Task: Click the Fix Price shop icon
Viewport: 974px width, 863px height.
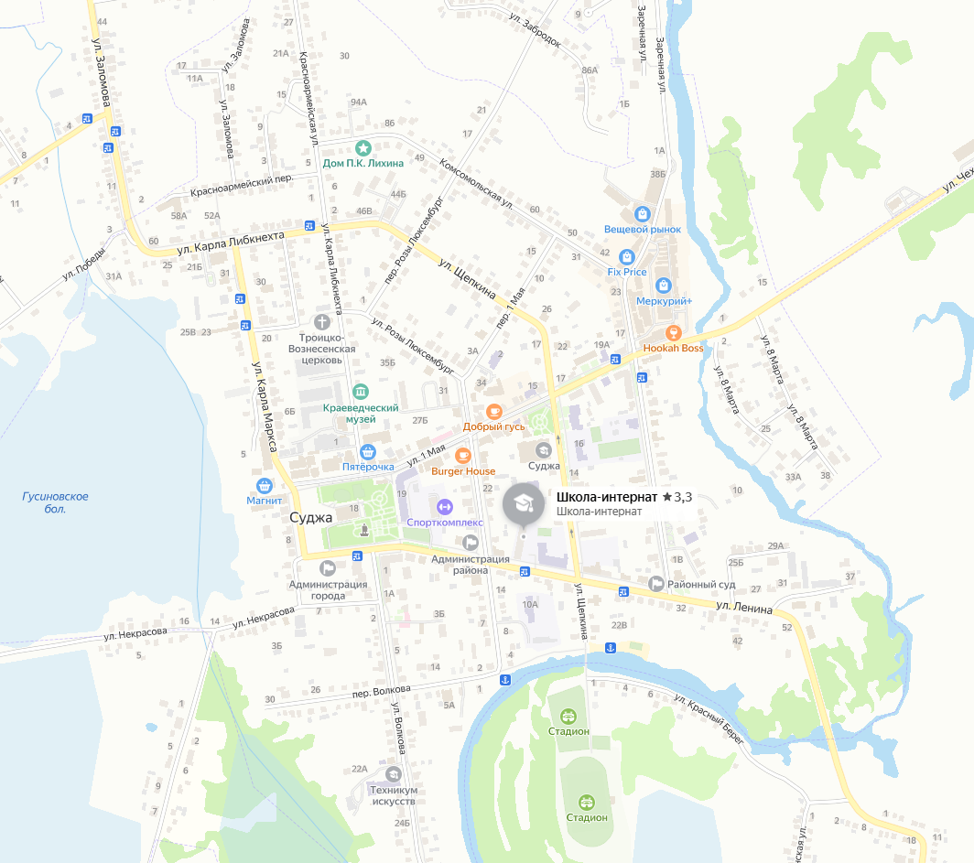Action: [626, 256]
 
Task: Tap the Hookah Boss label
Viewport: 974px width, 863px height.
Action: [673, 348]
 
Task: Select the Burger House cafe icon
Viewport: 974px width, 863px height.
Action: [463, 455]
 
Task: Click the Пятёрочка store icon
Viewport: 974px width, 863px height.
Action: [367, 451]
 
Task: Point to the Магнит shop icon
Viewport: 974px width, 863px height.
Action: [264, 485]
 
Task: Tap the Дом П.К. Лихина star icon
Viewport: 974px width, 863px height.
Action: [363, 147]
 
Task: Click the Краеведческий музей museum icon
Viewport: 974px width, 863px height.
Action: [361, 391]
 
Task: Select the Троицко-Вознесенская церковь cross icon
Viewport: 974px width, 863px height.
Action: [321, 321]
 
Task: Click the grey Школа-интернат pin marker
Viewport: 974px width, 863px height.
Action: [523, 504]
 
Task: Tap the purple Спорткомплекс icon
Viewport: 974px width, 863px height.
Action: [444, 506]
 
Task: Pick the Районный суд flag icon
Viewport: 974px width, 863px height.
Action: [655, 583]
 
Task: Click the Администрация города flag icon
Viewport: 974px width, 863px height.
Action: [327, 567]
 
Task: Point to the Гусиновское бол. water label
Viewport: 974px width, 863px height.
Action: [56, 502]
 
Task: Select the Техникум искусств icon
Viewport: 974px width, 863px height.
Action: [394, 773]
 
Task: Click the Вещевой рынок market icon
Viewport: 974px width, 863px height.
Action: [644, 212]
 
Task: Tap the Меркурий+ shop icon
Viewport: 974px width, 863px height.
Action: [664, 286]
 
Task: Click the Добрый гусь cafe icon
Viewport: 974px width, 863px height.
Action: [493, 411]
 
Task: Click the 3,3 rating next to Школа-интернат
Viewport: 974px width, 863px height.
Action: [677, 497]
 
